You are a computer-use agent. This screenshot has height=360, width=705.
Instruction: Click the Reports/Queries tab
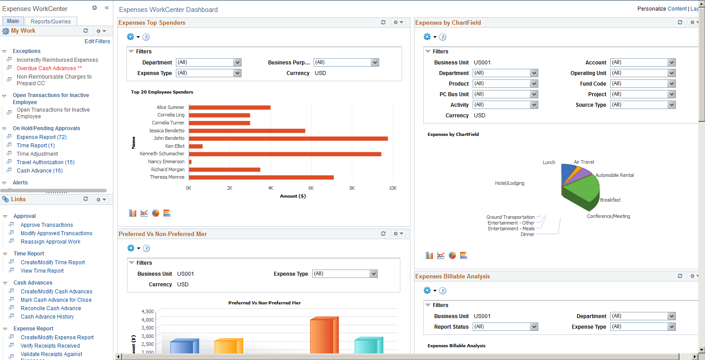pyautogui.click(x=51, y=21)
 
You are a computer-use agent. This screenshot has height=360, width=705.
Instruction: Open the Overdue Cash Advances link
pyautogui.click(x=46, y=68)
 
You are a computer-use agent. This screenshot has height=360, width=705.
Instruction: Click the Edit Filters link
pyautogui.click(x=97, y=41)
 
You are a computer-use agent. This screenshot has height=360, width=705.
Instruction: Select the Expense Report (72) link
pyautogui.click(x=41, y=137)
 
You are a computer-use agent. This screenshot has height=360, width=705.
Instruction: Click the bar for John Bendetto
pyautogui.click(x=288, y=139)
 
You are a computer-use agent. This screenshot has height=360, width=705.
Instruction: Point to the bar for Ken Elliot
pyautogui.click(x=196, y=146)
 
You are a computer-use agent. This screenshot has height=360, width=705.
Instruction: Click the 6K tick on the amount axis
pyautogui.click(x=311, y=188)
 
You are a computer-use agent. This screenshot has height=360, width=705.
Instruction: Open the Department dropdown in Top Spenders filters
pyautogui.click(x=209, y=63)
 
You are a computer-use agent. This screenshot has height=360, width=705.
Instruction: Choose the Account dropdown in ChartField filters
pyautogui.click(x=643, y=63)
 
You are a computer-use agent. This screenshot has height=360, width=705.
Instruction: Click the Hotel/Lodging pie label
pyautogui.click(x=510, y=183)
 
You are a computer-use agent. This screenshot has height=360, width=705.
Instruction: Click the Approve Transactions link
pyautogui.click(x=47, y=225)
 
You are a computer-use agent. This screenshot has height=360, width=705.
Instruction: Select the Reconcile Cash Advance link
pyautogui.click(x=51, y=308)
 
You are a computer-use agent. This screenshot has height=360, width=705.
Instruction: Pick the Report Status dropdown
pyautogui.click(x=505, y=327)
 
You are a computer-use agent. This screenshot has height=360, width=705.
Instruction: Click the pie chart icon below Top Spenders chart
pyautogui.click(x=156, y=213)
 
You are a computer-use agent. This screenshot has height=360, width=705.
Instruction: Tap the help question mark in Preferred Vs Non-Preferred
pyautogui.click(x=146, y=248)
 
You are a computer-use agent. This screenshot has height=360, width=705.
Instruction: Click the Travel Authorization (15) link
pyautogui.click(x=45, y=162)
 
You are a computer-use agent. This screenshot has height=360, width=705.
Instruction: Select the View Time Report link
pyautogui.click(x=42, y=271)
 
